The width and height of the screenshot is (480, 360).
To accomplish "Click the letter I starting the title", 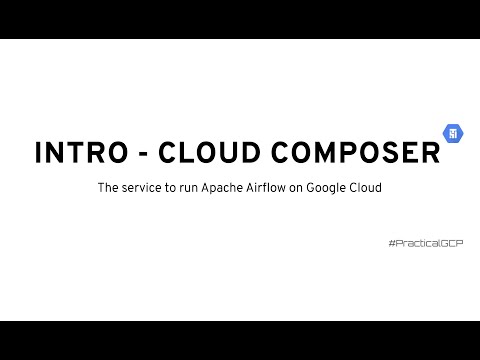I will tap(39, 154).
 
